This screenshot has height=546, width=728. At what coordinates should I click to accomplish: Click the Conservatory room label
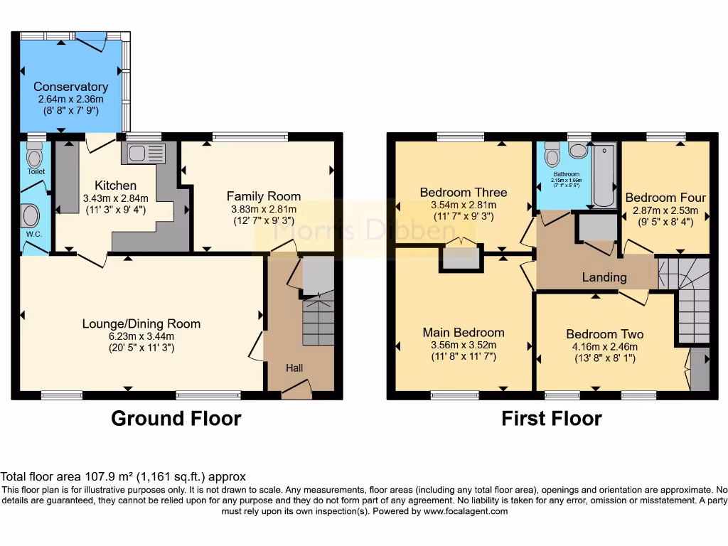pyautogui.click(x=70, y=87)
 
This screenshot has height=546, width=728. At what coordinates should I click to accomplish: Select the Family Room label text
pyautogui.click(x=264, y=196)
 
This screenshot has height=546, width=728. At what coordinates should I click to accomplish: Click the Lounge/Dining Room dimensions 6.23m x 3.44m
pyautogui.click(x=141, y=336)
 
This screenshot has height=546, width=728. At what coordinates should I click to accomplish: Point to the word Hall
pyautogui.click(x=294, y=368)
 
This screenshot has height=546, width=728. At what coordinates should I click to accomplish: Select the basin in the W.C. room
pyautogui.click(x=31, y=215)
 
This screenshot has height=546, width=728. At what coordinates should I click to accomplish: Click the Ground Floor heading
pyautogui.click(x=176, y=419)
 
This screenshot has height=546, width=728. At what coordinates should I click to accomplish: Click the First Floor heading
pyautogui.click(x=552, y=419)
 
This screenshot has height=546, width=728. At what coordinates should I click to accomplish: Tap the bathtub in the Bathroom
pyautogui.click(x=604, y=175)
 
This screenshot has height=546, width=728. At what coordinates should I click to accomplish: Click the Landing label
pyautogui.click(x=604, y=277)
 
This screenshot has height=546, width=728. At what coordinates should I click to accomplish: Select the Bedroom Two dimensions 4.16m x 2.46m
pyautogui.click(x=605, y=347)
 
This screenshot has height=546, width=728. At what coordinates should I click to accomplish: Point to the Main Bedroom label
pyautogui.click(x=464, y=332)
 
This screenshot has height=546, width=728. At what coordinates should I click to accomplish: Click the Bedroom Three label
pyautogui.click(x=464, y=192)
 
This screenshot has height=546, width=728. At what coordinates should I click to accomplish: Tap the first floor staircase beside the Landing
pyautogui.click(x=691, y=299)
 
